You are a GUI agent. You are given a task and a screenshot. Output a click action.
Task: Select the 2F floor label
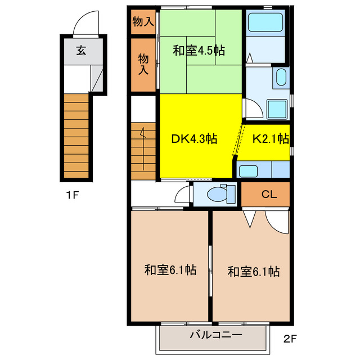point(289,339)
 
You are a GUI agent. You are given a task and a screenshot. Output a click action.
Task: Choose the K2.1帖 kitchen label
point(270,138)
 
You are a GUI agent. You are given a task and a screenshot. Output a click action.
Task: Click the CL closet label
point(269,195)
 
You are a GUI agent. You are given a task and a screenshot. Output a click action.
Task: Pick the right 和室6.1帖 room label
point(254,272)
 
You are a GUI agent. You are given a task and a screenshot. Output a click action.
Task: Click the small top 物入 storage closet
point(142,22)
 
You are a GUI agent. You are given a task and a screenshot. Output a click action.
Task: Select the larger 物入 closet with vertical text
point(143,64)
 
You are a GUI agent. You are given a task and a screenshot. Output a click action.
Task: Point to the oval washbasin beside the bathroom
point(281,76)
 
